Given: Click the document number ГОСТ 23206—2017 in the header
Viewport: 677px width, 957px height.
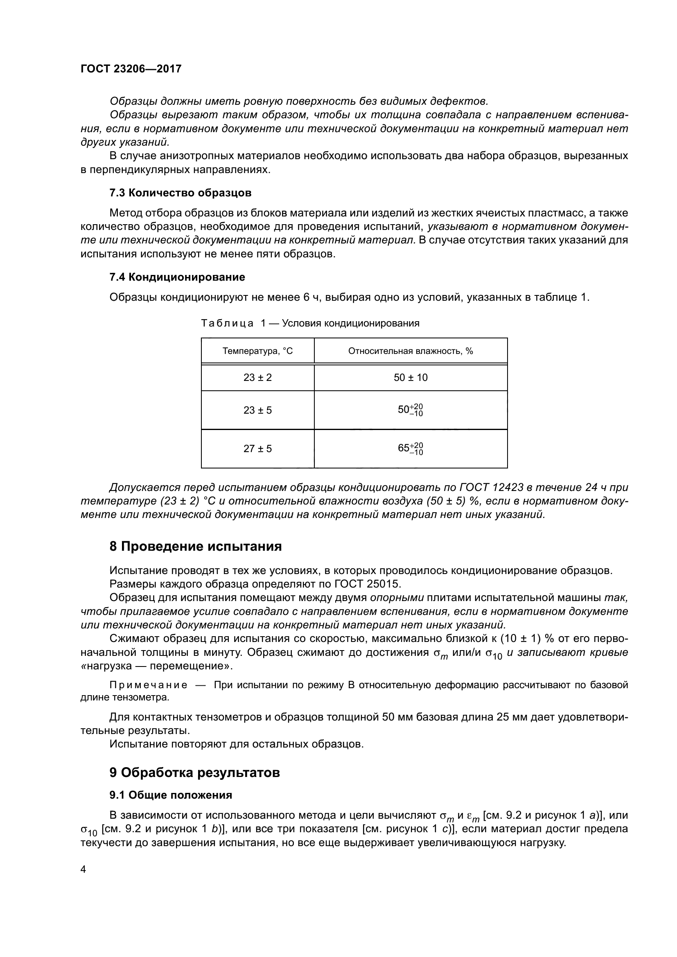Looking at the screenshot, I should click(131, 69).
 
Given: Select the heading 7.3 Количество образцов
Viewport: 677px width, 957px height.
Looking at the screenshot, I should click(180, 193).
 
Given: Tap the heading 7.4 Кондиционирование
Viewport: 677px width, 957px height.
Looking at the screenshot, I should click(177, 277).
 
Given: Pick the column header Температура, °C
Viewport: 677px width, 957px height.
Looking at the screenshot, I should click(257, 351).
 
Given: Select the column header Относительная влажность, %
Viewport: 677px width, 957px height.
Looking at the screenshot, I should click(411, 351).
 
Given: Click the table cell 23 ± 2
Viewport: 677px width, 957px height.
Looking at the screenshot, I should click(257, 378).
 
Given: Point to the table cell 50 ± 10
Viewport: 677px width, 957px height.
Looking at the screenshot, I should click(411, 378).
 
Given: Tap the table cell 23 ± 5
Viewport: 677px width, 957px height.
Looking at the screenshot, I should click(257, 410).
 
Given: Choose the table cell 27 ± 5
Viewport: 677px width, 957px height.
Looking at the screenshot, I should click(257, 449).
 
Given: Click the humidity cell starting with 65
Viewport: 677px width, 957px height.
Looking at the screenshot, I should click(411, 448).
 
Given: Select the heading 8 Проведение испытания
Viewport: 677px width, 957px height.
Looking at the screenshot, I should click(196, 547).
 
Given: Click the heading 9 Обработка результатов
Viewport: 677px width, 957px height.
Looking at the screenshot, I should click(194, 773).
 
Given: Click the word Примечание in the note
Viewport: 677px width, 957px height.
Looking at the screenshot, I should click(148, 685).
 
